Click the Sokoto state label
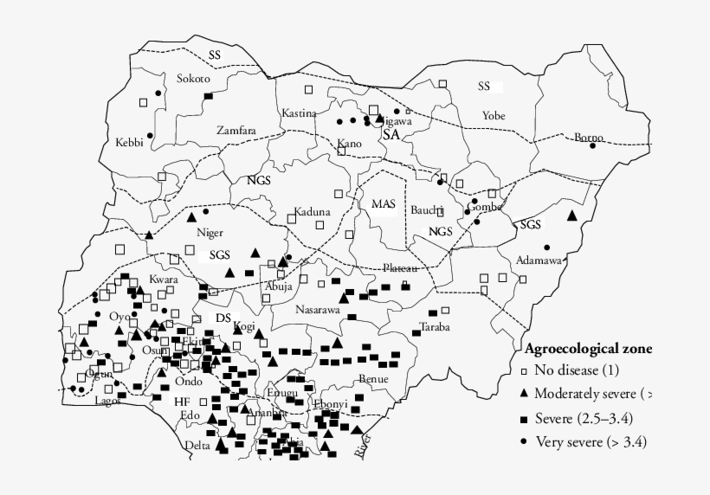point(193,79)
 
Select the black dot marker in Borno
point(593,145)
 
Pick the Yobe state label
point(494,115)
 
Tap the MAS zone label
point(384,204)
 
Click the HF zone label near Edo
point(181,402)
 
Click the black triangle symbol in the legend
point(524,395)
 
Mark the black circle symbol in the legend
point(524,441)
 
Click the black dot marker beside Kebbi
point(149,136)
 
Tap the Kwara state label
point(162,280)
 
